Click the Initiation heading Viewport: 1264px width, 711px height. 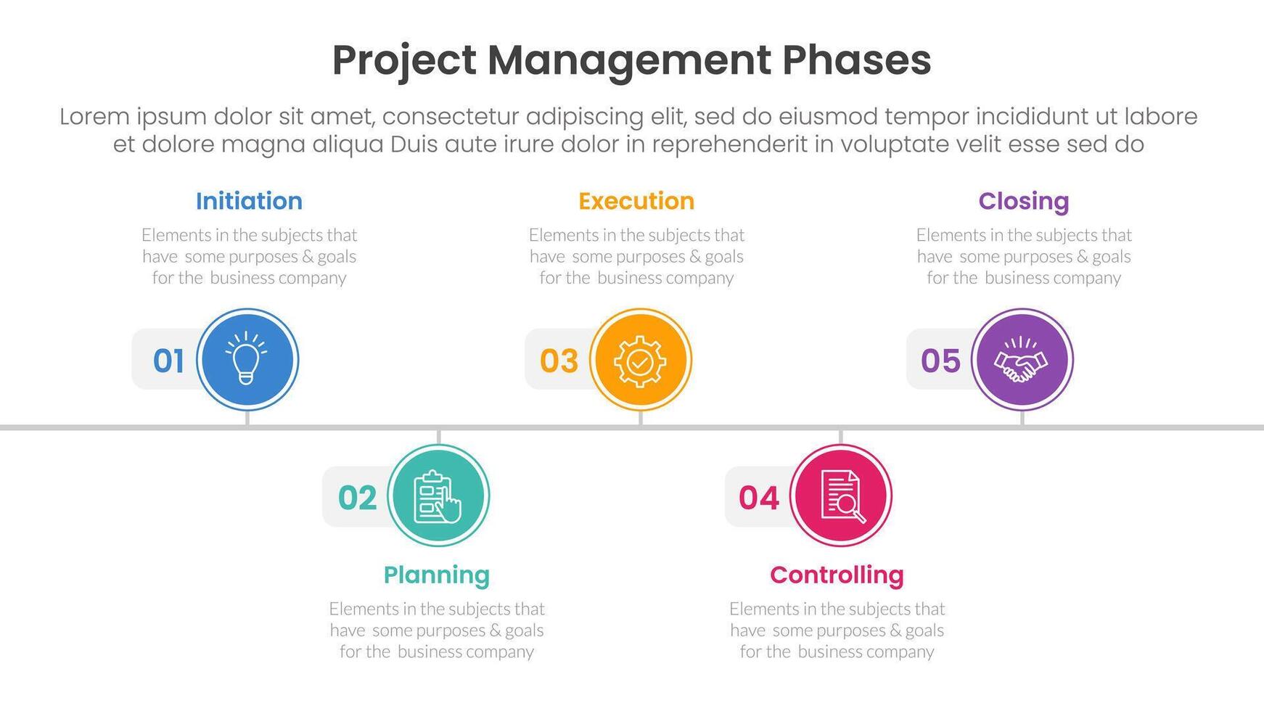click(x=249, y=201)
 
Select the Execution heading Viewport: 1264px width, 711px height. click(x=636, y=201)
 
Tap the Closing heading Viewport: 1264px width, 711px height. click(x=1023, y=201)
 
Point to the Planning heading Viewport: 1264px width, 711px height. click(x=436, y=575)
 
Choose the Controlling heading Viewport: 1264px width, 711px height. click(x=837, y=575)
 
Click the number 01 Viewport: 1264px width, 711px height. click(x=168, y=361)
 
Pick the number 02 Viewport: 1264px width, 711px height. click(x=358, y=498)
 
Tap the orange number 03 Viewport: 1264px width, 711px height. click(x=559, y=361)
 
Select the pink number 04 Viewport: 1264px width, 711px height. click(x=759, y=498)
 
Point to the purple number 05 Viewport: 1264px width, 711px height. click(x=940, y=361)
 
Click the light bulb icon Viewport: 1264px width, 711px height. click(x=247, y=358)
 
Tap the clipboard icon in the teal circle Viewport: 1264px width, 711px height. click(x=438, y=496)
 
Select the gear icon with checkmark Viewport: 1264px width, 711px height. click(x=639, y=360)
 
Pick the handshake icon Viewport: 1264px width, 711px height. click(x=1022, y=360)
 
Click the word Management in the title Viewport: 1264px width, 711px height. click(x=628, y=60)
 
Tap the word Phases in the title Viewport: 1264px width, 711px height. click(x=856, y=60)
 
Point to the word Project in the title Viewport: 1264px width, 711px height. click(x=404, y=60)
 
